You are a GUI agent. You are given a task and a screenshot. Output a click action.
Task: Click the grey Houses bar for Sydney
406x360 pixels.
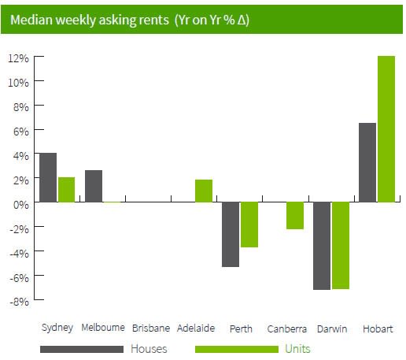48,177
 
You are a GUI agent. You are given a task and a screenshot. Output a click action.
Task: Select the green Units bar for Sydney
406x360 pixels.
66,190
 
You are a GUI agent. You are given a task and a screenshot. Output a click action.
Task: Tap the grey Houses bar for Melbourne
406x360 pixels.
94,186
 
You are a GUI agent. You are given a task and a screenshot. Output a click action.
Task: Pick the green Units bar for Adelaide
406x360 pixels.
204,191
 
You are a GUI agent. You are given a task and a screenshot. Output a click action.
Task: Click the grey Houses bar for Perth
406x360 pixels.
231,235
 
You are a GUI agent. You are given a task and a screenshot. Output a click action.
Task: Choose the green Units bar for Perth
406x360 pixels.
249,225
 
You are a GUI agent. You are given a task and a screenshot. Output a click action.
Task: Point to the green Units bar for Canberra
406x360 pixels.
295,216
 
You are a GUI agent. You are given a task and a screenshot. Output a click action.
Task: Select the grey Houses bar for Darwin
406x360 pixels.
322,246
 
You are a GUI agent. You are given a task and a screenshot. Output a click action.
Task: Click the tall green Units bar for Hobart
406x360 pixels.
386,129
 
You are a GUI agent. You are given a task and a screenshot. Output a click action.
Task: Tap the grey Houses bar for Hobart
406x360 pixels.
367,162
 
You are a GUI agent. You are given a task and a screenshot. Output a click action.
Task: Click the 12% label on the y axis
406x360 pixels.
18,58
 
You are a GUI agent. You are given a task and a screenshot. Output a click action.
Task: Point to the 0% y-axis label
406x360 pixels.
21,205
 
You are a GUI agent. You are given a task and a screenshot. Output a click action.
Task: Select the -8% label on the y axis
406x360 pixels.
19,302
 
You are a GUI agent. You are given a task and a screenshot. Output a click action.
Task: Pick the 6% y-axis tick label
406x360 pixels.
21,132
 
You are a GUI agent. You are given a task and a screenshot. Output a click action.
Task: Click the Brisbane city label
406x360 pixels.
151,328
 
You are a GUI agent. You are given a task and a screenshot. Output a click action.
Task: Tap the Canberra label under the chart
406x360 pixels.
287,328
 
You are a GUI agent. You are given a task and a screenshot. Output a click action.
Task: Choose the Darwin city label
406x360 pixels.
332,328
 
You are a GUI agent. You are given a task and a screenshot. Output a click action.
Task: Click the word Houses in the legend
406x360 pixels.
149,349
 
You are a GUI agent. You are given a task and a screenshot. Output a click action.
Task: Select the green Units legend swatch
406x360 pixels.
237,350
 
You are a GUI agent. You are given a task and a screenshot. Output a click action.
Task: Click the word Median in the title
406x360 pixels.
31,20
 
